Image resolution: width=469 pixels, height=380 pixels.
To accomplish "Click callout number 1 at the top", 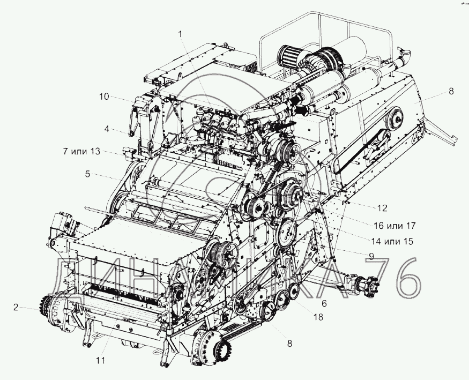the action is coord(180,34).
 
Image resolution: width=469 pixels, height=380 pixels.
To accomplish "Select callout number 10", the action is coord(105,97).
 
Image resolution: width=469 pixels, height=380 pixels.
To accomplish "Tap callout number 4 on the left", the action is coord(107,130).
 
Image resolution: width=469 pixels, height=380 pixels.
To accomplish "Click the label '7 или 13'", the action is coord(81,151).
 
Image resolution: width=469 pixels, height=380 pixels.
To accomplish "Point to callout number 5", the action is coord(87,174).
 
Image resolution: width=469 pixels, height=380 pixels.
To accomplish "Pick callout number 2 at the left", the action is coord(16,307).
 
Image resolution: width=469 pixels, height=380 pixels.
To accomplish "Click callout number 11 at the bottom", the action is coord(101,361).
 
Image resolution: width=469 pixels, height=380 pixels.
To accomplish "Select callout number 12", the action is coord(382,208).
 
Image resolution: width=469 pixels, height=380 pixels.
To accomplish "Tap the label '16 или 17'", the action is coord(394,226).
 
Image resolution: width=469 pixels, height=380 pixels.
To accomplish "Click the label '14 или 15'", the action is coord(392,241).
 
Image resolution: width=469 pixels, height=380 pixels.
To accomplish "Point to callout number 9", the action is coord(371,256).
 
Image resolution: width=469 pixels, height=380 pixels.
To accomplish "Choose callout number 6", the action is coord(324,304).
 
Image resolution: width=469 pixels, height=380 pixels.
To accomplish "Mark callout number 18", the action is coord(318,317).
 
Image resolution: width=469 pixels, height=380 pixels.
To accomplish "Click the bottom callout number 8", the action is coord(289,344).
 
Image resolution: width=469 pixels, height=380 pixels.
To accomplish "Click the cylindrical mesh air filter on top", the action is coord(287,55).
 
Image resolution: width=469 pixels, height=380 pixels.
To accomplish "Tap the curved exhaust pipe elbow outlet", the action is coord(404,55).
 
